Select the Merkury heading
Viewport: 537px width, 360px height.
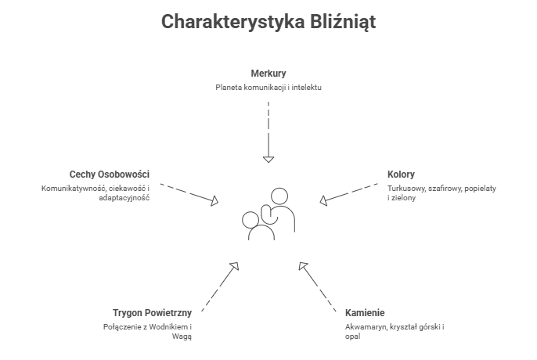pyautogui.click(x=268, y=73)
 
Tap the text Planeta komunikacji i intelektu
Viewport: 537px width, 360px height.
pyautogui.click(x=268, y=87)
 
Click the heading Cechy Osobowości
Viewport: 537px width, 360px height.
pyautogui.click(x=110, y=174)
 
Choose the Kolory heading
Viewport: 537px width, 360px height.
pyautogui.click(x=401, y=174)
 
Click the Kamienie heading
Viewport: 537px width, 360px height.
pyautogui.click(x=365, y=312)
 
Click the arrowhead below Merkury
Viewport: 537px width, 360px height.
pyautogui.click(x=268, y=159)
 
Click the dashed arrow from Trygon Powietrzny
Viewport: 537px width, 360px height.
pyautogui.click(x=219, y=284)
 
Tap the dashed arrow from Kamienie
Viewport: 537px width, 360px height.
pyautogui.click(x=319, y=284)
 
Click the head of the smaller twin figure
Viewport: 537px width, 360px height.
pyautogui.click(x=251, y=220)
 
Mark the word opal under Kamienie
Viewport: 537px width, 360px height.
pyautogui.click(x=351, y=337)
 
